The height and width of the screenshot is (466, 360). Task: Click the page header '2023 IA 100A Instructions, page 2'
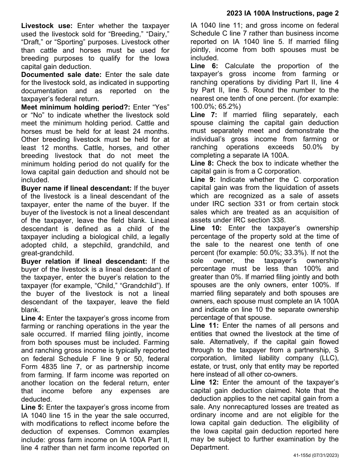tap(283, 14)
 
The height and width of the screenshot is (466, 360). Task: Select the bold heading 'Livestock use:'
tap(47, 26)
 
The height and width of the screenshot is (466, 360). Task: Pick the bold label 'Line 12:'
tap(204, 382)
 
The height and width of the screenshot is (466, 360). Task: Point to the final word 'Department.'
tap(210, 447)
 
